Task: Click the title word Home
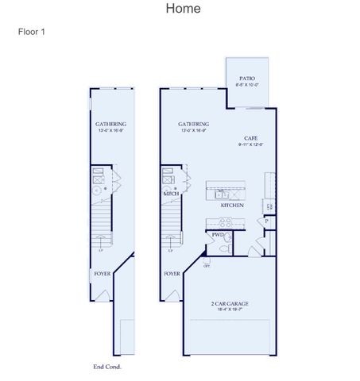pos(183,9)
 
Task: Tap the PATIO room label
pos(247,79)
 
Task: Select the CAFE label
pos(250,137)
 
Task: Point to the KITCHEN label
pos(232,206)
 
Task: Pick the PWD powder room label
pos(217,235)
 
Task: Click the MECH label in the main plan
pos(170,193)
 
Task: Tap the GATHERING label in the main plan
pos(193,124)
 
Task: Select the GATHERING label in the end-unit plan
pos(110,124)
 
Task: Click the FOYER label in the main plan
pos(172,273)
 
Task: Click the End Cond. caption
pos(107,367)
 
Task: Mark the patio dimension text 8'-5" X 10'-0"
pos(247,86)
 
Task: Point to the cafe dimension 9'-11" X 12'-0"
pos(250,144)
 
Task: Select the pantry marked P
pos(267,221)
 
